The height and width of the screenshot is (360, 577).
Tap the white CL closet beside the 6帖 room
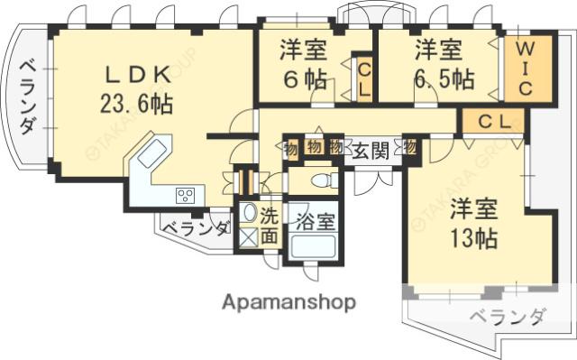pyautogui.click(x=364, y=78)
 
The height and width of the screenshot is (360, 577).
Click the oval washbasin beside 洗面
pyautogui.click(x=248, y=215)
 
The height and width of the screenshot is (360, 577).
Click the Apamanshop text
pyautogui.click(x=288, y=300)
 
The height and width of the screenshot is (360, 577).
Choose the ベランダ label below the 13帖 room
pyautogui.click(x=509, y=317)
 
